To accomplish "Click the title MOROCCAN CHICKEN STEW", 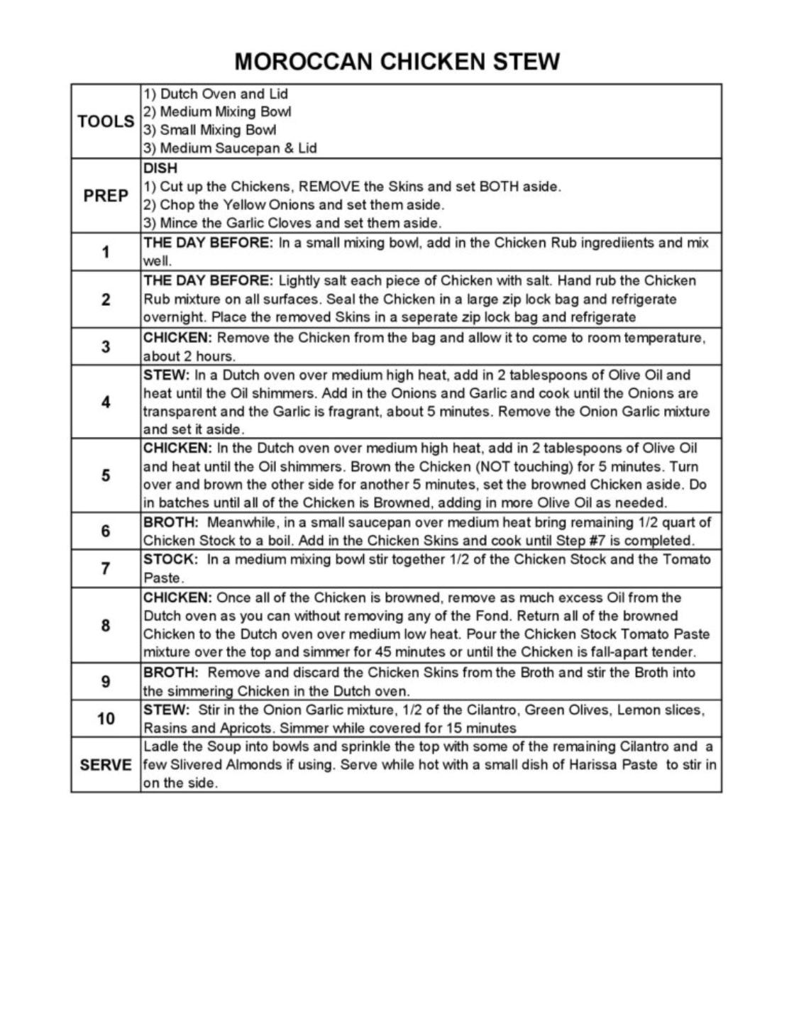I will click(x=397, y=62).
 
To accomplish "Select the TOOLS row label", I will click(x=106, y=121).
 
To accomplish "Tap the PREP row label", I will click(x=106, y=196).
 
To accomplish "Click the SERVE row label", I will click(x=106, y=765).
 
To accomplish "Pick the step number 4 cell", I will click(x=106, y=402).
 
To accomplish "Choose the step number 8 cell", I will click(x=106, y=625).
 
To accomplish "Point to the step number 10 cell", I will click(x=106, y=719).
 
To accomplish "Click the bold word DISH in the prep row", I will click(x=160, y=169).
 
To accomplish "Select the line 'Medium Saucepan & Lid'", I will click(x=238, y=148).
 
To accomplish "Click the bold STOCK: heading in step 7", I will click(x=170, y=559).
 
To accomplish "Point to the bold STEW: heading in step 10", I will click(x=166, y=710).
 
